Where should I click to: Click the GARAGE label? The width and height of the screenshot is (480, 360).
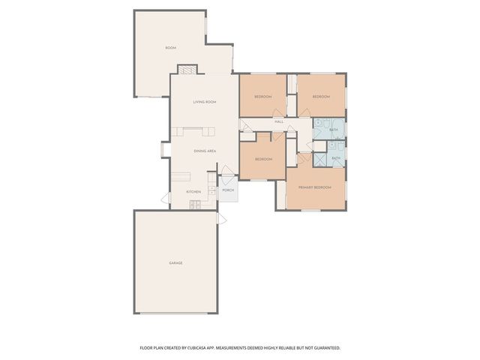coord(175,262)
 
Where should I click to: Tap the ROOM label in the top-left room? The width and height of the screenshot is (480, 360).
coord(170,48)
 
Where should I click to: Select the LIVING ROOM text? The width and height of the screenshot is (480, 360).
coord(204,102)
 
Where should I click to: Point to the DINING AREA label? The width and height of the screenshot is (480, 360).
coord(205,151)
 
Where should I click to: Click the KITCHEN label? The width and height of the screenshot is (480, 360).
coord(193,192)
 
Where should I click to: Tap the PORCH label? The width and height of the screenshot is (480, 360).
coord(228,190)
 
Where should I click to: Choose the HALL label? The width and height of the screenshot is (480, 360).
coord(279,121)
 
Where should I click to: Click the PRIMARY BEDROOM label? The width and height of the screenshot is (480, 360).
coord(315,187)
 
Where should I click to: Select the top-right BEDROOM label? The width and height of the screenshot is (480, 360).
coord(321,97)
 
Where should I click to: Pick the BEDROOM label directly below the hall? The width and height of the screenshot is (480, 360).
coord(262,159)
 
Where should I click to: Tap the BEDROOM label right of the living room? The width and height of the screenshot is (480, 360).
coord(262,97)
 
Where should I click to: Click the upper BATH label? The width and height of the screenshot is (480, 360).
coord(333,130)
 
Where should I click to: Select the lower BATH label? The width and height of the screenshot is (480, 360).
coord(336,158)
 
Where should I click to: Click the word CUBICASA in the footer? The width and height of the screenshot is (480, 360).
coord(199,348)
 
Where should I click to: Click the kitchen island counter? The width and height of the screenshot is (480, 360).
coord(182,178)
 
